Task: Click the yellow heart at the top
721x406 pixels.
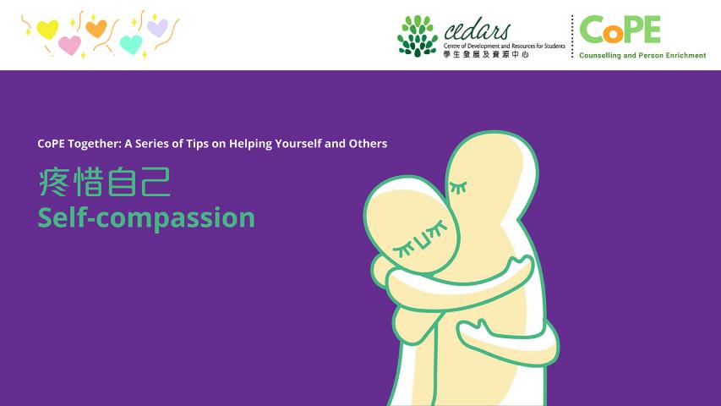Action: click(47, 30)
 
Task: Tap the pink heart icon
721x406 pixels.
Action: click(70, 46)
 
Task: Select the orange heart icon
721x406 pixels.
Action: click(96, 29)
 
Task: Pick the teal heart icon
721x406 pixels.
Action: click(131, 45)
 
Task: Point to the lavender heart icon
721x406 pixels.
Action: click(158, 28)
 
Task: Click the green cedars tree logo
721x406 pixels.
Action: click(418, 36)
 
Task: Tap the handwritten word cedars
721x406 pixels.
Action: click(478, 30)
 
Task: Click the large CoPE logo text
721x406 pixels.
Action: click(620, 29)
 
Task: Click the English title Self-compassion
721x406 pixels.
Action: click(146, 217)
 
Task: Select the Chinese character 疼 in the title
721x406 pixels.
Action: click(54, 182)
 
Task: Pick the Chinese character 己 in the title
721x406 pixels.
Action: click(156, 182)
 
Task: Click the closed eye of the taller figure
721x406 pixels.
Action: click(458, 187)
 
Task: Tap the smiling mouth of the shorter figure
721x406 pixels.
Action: click(423, 238)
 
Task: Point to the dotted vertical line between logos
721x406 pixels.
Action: click(572, 36)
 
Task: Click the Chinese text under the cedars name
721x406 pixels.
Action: click(486, 54)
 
